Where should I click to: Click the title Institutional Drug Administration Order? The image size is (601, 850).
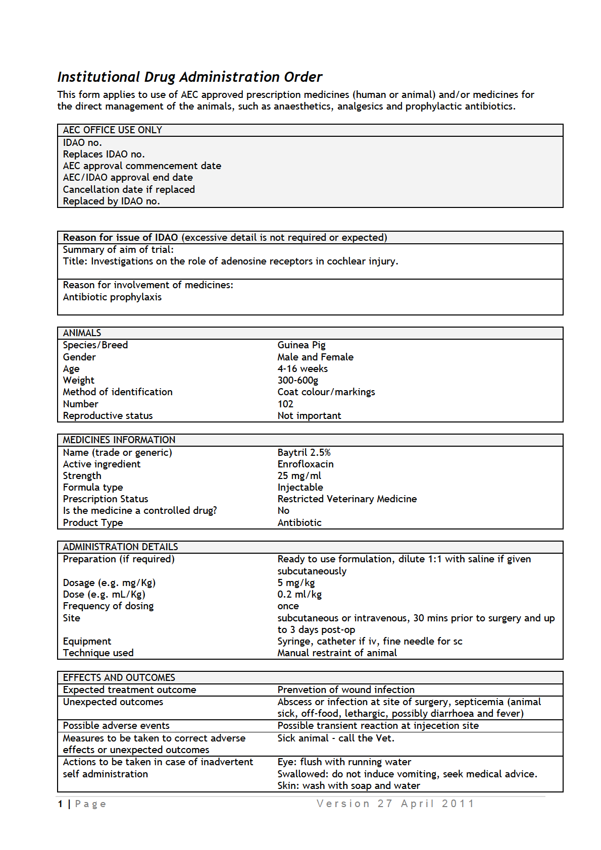pos(189,77)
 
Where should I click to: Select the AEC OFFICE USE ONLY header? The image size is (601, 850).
pos(112,130)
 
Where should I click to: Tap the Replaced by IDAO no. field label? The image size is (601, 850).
pos(111,201)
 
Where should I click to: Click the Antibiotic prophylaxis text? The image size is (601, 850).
pos(112,297)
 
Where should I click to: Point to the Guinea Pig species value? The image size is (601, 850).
pos(301,345)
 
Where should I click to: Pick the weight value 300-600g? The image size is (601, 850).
pos(297,380)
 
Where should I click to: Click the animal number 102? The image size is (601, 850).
pos(285,404)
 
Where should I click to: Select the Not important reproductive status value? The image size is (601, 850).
pos(309,415)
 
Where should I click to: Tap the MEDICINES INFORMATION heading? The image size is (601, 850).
pos(119,440)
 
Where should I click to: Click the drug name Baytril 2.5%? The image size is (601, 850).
pos(304,452)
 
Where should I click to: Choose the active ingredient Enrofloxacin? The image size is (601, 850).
pos(305,464)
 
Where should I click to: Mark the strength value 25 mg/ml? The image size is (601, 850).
pos(299,475)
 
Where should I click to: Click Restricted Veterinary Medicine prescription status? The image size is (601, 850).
pos(347,499)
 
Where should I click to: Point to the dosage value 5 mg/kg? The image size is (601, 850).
pos(296,582)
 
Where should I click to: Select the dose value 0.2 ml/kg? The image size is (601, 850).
pos(299,594)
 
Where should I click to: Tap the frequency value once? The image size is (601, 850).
pos(288,606)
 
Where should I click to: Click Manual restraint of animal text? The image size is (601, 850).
pos(337,653)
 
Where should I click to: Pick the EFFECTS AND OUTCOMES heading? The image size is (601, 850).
pos(119,677)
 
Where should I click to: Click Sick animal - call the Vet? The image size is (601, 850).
pos(336,738)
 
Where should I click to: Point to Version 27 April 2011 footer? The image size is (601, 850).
pos(395,804)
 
